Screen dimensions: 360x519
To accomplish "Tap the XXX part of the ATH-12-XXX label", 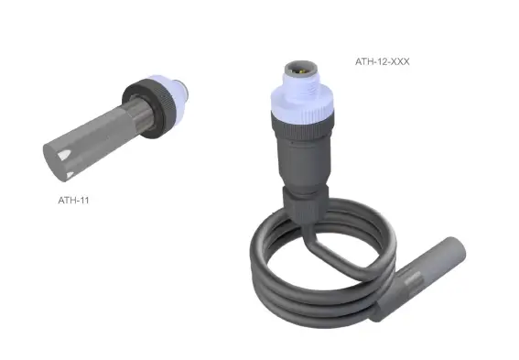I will click(403, 62).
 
